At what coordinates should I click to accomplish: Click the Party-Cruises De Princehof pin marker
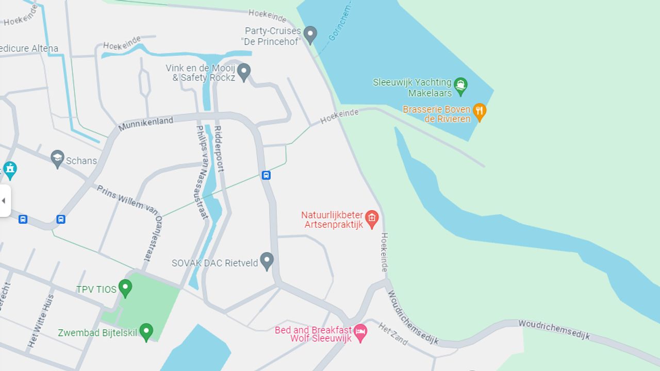click(310, 35)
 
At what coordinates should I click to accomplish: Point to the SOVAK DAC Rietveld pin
click(267, 261)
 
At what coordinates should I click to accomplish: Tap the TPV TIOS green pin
click(125, 288)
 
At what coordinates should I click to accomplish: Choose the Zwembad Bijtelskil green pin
click(146, 331)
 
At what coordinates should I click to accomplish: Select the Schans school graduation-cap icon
click(57, 159)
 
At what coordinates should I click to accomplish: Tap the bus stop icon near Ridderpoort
click(266, 175)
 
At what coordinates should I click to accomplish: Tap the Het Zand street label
click(393, 334)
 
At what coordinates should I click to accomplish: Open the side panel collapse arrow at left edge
click(4, 200)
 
